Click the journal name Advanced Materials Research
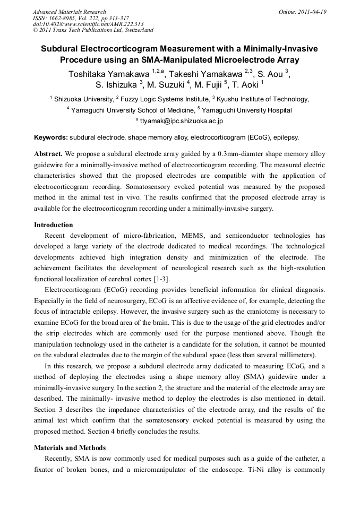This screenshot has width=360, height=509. (x=69, y=12)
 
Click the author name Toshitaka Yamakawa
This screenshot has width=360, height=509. (x=109, y=74)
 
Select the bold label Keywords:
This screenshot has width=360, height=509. (x=50, y=137)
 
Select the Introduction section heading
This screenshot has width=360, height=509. (x=54, y=225)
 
